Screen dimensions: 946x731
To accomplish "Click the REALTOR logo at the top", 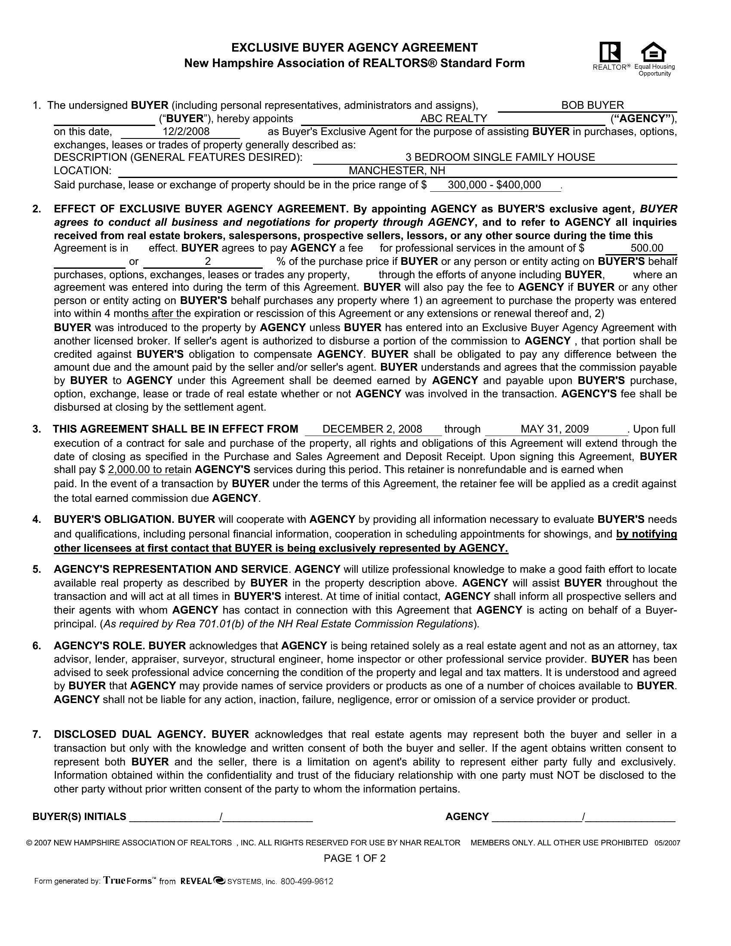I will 610,52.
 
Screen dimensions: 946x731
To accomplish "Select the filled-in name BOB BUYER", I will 593,105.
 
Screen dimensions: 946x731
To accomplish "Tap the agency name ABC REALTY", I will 453,119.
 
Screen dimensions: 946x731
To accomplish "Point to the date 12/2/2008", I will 186,132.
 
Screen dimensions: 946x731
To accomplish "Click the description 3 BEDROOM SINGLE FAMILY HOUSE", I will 500,157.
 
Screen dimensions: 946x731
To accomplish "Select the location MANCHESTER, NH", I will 397,171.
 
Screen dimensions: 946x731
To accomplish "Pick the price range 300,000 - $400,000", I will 494,185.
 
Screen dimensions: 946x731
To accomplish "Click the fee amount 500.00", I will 647,248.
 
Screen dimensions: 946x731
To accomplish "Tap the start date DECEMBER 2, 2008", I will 372,429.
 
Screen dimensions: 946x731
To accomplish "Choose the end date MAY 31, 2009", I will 554,429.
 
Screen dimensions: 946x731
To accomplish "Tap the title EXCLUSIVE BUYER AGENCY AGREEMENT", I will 354,48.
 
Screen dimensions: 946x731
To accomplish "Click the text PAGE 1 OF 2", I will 354,859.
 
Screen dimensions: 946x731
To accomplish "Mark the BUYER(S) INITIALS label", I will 79,817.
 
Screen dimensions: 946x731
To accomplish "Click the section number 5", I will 37,569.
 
